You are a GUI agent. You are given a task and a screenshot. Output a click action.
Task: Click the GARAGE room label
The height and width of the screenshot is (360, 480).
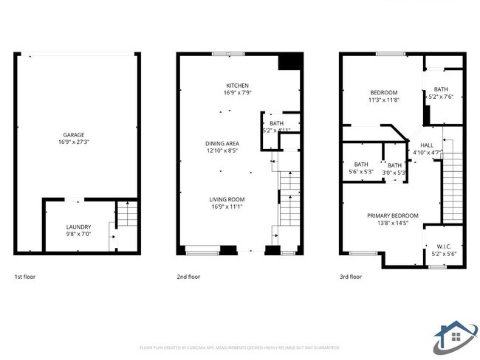coord(73,134)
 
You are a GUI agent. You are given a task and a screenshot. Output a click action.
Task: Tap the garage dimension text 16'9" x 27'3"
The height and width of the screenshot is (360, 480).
coord(73,142)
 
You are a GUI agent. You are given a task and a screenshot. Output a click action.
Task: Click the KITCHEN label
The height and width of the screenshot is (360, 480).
coord(237,86)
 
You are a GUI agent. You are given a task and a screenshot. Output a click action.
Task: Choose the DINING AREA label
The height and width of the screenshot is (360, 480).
coord(222,143)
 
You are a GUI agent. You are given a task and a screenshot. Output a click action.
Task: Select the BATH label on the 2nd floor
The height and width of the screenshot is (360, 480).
coord(276,123)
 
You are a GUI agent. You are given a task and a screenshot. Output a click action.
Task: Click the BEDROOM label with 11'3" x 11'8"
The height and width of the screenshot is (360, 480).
coord(383,92)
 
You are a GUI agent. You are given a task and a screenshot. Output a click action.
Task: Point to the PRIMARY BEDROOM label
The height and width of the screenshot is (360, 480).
coord(393,216)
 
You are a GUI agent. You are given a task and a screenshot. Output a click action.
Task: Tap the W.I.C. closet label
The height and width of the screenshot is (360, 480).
coord(444,246)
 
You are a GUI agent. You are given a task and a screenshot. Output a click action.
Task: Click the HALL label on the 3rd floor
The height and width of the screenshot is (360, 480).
coord(427,145)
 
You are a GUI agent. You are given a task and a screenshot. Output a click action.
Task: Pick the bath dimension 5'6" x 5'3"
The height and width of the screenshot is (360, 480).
coord(361,172)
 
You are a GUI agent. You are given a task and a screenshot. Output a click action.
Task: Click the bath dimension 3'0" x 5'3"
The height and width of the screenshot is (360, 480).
coord(395,173)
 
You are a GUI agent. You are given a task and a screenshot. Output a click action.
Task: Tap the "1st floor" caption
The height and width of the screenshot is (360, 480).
coord(25,277)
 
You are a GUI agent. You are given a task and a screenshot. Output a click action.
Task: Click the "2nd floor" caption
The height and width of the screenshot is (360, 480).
coord(188,277)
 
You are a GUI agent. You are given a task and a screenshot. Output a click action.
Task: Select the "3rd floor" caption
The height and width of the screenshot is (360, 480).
coord(351,277)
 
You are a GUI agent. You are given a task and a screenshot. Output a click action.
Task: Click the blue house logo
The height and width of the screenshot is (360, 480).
coord(454,336)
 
